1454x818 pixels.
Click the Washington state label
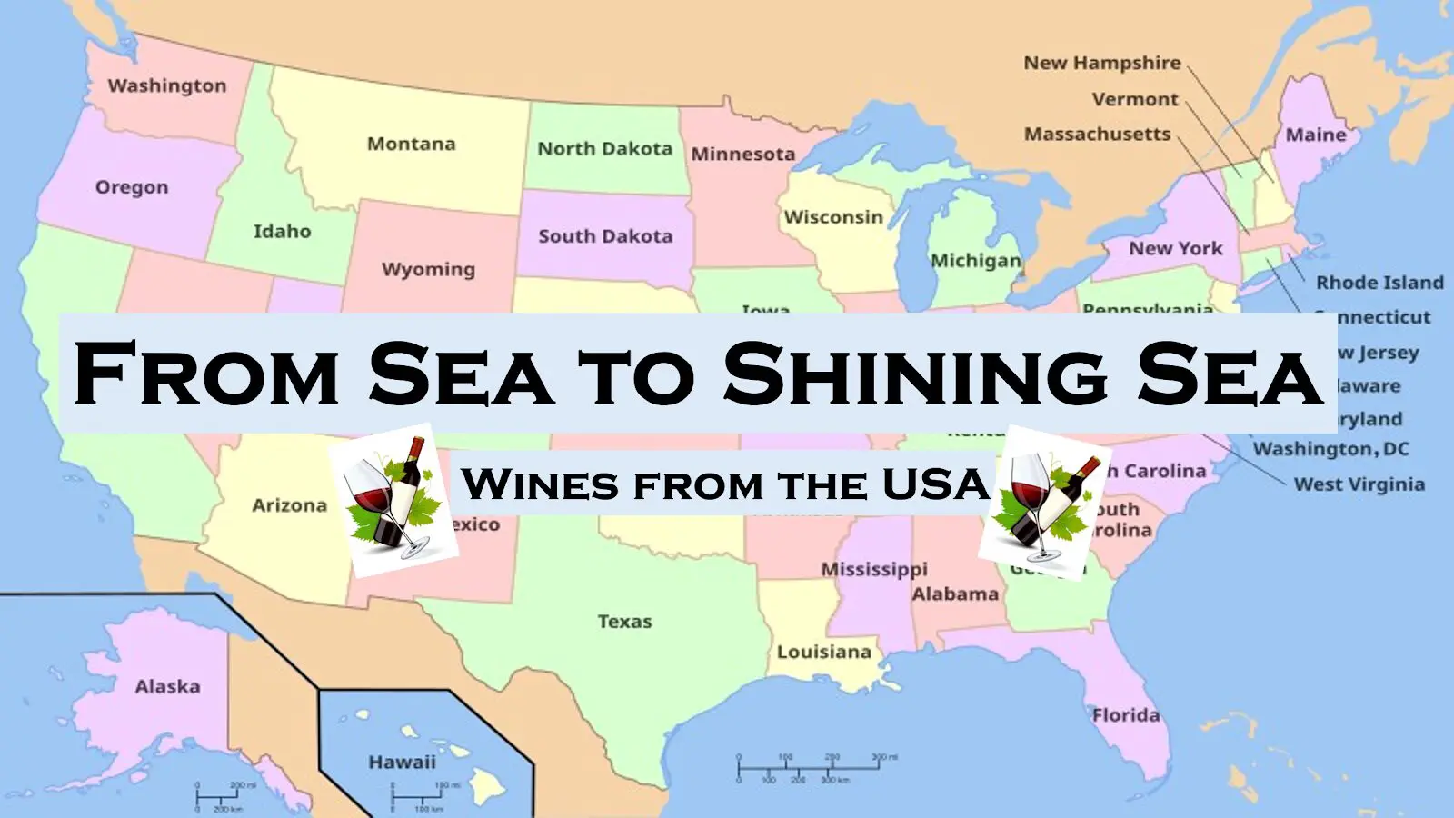tap(167, 85)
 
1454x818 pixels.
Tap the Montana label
tap(411, 144)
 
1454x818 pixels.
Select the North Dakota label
tap(604, 148)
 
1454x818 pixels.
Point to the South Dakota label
tap(605, 236)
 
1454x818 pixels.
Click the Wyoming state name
tap(428, 269)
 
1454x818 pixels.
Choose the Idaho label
tap(282, 232)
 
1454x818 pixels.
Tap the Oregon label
tap(132, 187)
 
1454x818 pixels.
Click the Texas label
tap(624, 622)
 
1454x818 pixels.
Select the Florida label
tap(1126, 715)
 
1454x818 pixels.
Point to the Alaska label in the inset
tap(167, 686)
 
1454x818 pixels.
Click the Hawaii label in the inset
tap(402, 762)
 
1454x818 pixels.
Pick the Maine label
tap(1316, 135)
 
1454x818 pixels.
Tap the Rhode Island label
tap(1379, 283)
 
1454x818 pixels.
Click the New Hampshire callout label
tap(1102, 63)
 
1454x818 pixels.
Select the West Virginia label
tap(1359, 484)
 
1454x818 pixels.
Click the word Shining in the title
tap(915, 374)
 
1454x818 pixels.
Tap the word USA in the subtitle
tap(935, 484)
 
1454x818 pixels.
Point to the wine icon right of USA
tap(1044, 503)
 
